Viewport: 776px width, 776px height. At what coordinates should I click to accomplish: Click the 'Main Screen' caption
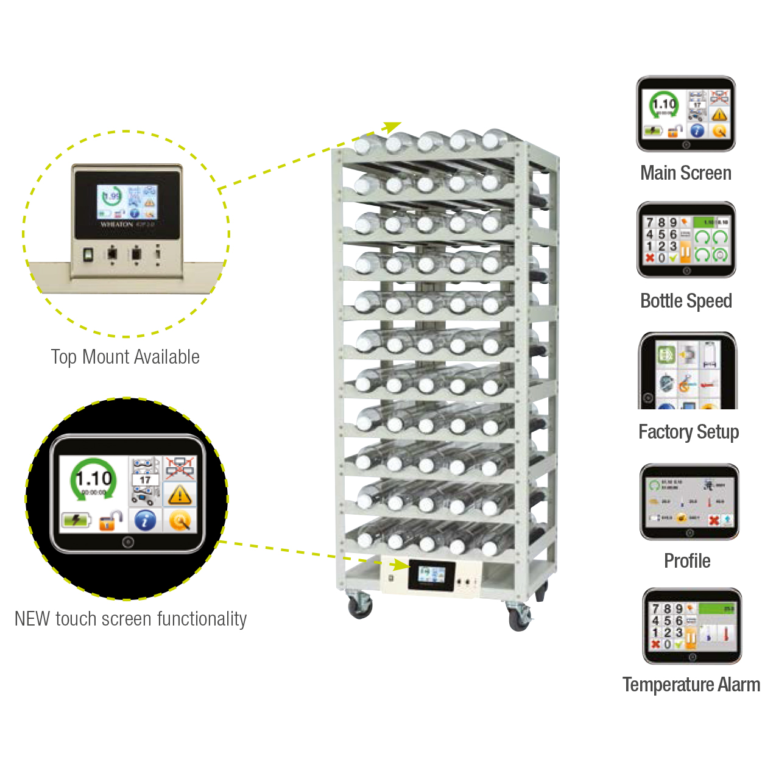pyautogui.click(x=685, y=173)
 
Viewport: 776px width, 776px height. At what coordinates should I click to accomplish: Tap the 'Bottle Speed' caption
pyautogui.click(x=686, y=301)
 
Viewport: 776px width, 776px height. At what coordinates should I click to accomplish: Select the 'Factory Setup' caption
pyautogui.click(x=688, y=432)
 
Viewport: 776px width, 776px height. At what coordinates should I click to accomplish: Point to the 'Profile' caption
pyautogui.click(x=687, y=561)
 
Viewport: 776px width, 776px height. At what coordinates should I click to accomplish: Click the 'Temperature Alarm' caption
pyautogui.click(x=691, y=685)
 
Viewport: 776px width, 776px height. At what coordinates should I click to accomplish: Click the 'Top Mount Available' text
pyautogui.click(x=125, y=357)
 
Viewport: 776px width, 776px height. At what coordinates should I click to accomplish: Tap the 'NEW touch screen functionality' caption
pyautogui.click(x=130, y=619)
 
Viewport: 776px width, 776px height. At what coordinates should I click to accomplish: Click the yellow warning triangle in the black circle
pyautogui.click(x=180, y=495)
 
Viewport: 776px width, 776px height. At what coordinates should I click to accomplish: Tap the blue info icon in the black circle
pyautogui.click(x=145, y=521)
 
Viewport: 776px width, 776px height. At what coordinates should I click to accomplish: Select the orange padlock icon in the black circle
pyautogui.click(x=110, y=521)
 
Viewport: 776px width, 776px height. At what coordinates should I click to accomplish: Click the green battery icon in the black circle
pyautogui.click(x=76, y=521)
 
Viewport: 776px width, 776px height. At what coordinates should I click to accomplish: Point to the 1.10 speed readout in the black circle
pyautogui.click(x=93, y=479)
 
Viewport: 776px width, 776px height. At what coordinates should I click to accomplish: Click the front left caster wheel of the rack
pyautogui.click(x=360, y=606)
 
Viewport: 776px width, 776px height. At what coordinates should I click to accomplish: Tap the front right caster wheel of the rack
pyautogui.click(x=519, y=618)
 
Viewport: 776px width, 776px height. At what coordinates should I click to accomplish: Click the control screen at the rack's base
pyautogui.click(x=431, y=574)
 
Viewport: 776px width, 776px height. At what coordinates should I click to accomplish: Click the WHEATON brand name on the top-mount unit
pyautogui.click(x=116, y=225)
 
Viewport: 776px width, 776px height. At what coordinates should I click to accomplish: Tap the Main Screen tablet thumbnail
pyautogui.click(x=686, y=113)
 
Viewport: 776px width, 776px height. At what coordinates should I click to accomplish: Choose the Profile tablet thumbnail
pyautogui.click(x=690, y=501)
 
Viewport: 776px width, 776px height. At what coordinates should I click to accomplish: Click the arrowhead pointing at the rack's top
pyautogui.click(x=393, y=126)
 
